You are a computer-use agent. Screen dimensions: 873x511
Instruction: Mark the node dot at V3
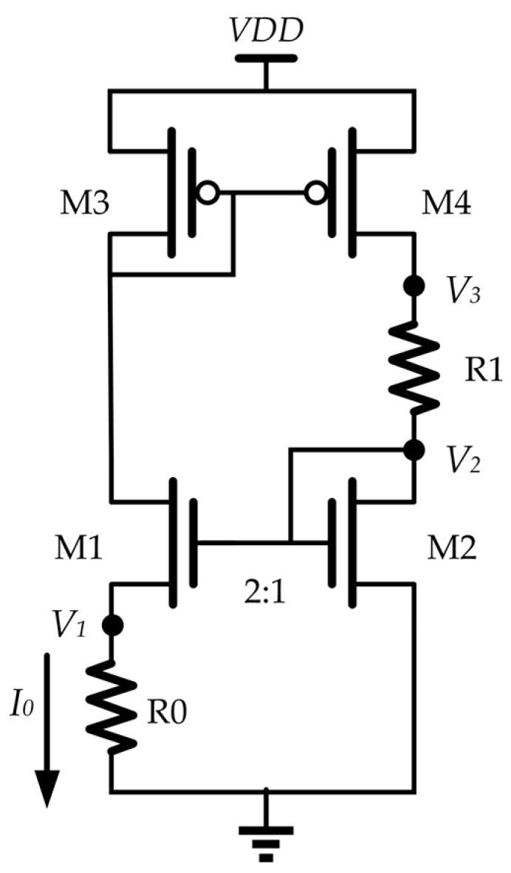(414, 287)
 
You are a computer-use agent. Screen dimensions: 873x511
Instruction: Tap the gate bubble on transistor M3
(210, 194)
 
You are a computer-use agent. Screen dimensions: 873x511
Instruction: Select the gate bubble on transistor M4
(318, 194)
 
